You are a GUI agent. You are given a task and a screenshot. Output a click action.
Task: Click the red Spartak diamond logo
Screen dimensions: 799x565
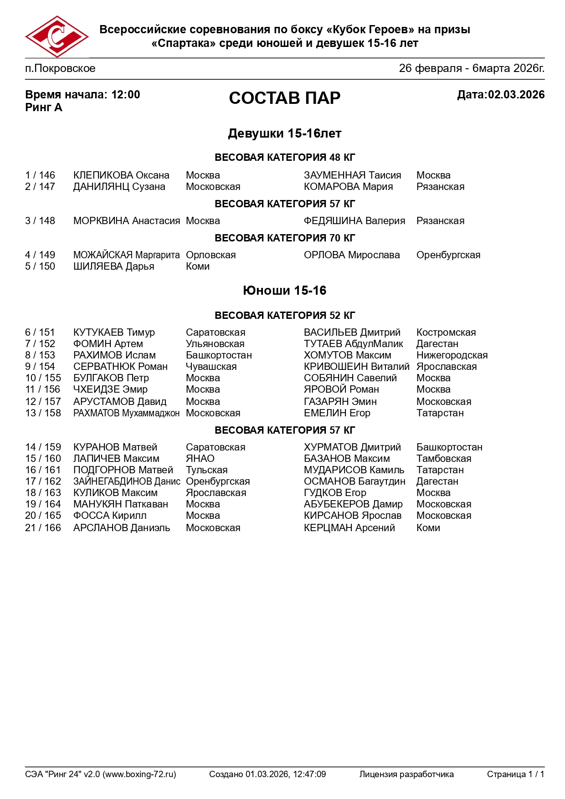(56, 37)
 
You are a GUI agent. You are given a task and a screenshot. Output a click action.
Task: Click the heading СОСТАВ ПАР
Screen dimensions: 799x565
(284, 98)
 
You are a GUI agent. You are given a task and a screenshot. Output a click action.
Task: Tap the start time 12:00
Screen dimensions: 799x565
(126, 95)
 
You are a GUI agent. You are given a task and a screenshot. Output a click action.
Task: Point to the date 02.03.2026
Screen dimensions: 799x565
(516, 95)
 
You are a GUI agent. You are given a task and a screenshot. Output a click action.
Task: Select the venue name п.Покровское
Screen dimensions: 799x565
(60, 69)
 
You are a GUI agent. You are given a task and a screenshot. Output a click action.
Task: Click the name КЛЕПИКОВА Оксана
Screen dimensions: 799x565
(121, 175)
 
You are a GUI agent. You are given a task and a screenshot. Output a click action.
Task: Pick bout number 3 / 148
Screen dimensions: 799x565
(40, 221)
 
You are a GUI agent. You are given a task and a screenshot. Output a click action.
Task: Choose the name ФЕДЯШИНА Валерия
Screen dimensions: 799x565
(354, 221)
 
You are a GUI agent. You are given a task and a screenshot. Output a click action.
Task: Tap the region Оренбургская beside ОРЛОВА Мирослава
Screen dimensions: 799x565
(448, 255)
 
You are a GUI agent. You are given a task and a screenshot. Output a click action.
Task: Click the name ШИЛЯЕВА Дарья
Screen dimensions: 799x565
(113, 266)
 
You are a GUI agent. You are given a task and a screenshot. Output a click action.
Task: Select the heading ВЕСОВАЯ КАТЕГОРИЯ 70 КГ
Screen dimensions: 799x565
(284, 238)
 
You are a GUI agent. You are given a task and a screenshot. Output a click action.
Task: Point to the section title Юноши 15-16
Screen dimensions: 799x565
(284, 291)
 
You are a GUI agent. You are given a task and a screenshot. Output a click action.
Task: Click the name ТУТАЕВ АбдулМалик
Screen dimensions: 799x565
(353, 344)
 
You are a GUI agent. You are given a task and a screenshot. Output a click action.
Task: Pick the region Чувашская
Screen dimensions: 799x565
(211, 367)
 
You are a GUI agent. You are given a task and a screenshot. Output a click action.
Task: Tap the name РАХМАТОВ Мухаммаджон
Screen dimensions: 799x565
(126, 413)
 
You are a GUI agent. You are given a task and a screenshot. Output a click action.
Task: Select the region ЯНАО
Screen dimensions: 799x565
(200, 459)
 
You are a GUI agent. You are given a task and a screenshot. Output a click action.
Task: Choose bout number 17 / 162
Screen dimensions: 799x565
(43, 481)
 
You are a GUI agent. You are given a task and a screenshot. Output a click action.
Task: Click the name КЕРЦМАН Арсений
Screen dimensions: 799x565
(349, 528)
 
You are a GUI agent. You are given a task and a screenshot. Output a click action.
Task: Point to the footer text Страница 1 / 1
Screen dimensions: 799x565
(515, 774)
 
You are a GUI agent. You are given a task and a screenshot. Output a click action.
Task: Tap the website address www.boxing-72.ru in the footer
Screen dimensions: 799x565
(139, 774)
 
